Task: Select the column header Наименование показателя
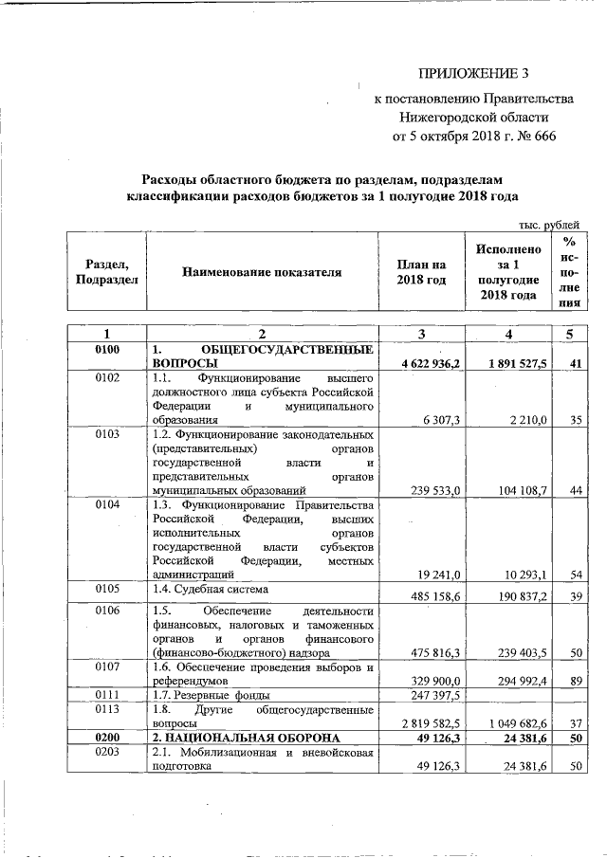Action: (x=261, y=272)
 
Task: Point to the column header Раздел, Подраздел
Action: (x=106, y=272)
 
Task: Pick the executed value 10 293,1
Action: (x=518, y=575)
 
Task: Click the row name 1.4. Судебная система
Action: (x=208, y=589)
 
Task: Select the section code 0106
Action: (x=106, y=611)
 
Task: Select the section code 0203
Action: (x=106, y=752)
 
